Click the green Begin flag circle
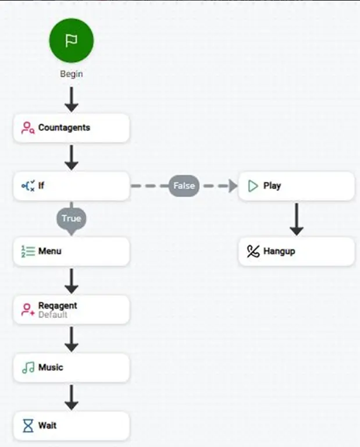[x=71, y=41]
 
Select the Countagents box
[x=71, y=127]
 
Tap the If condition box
[x=71, y=186]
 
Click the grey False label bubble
[x=184, y=186]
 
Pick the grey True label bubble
[x=71, y=219]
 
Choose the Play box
[x=297, y=186]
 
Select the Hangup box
[x=297, y=251]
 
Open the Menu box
[x=71, y=251]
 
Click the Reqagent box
[x=71, y=310]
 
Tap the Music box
[x=71, y=367]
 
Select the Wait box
[x=71, y=425]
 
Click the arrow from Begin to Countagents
[x=72, y=100]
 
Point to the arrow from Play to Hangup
[x=297, y=219]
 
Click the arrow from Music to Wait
[x=72, y=398]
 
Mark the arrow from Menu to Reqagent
[x=72, y=281]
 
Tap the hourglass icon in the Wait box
[x=28, y=425]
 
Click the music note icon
[x=28, y=368]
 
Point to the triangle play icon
[x=253, y=186]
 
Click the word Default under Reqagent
[x=53, y=315]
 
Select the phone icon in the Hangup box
[x=253, y=251]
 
